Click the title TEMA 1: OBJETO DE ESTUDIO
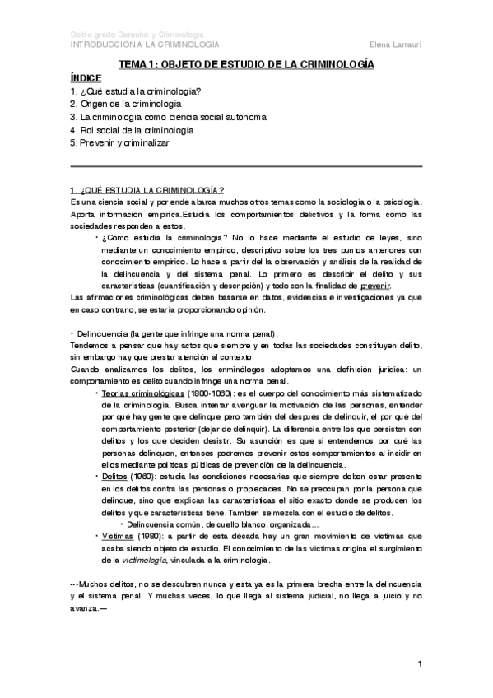pos(246,63)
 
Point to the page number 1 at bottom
pos(420,663)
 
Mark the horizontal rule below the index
pos(246,167)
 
